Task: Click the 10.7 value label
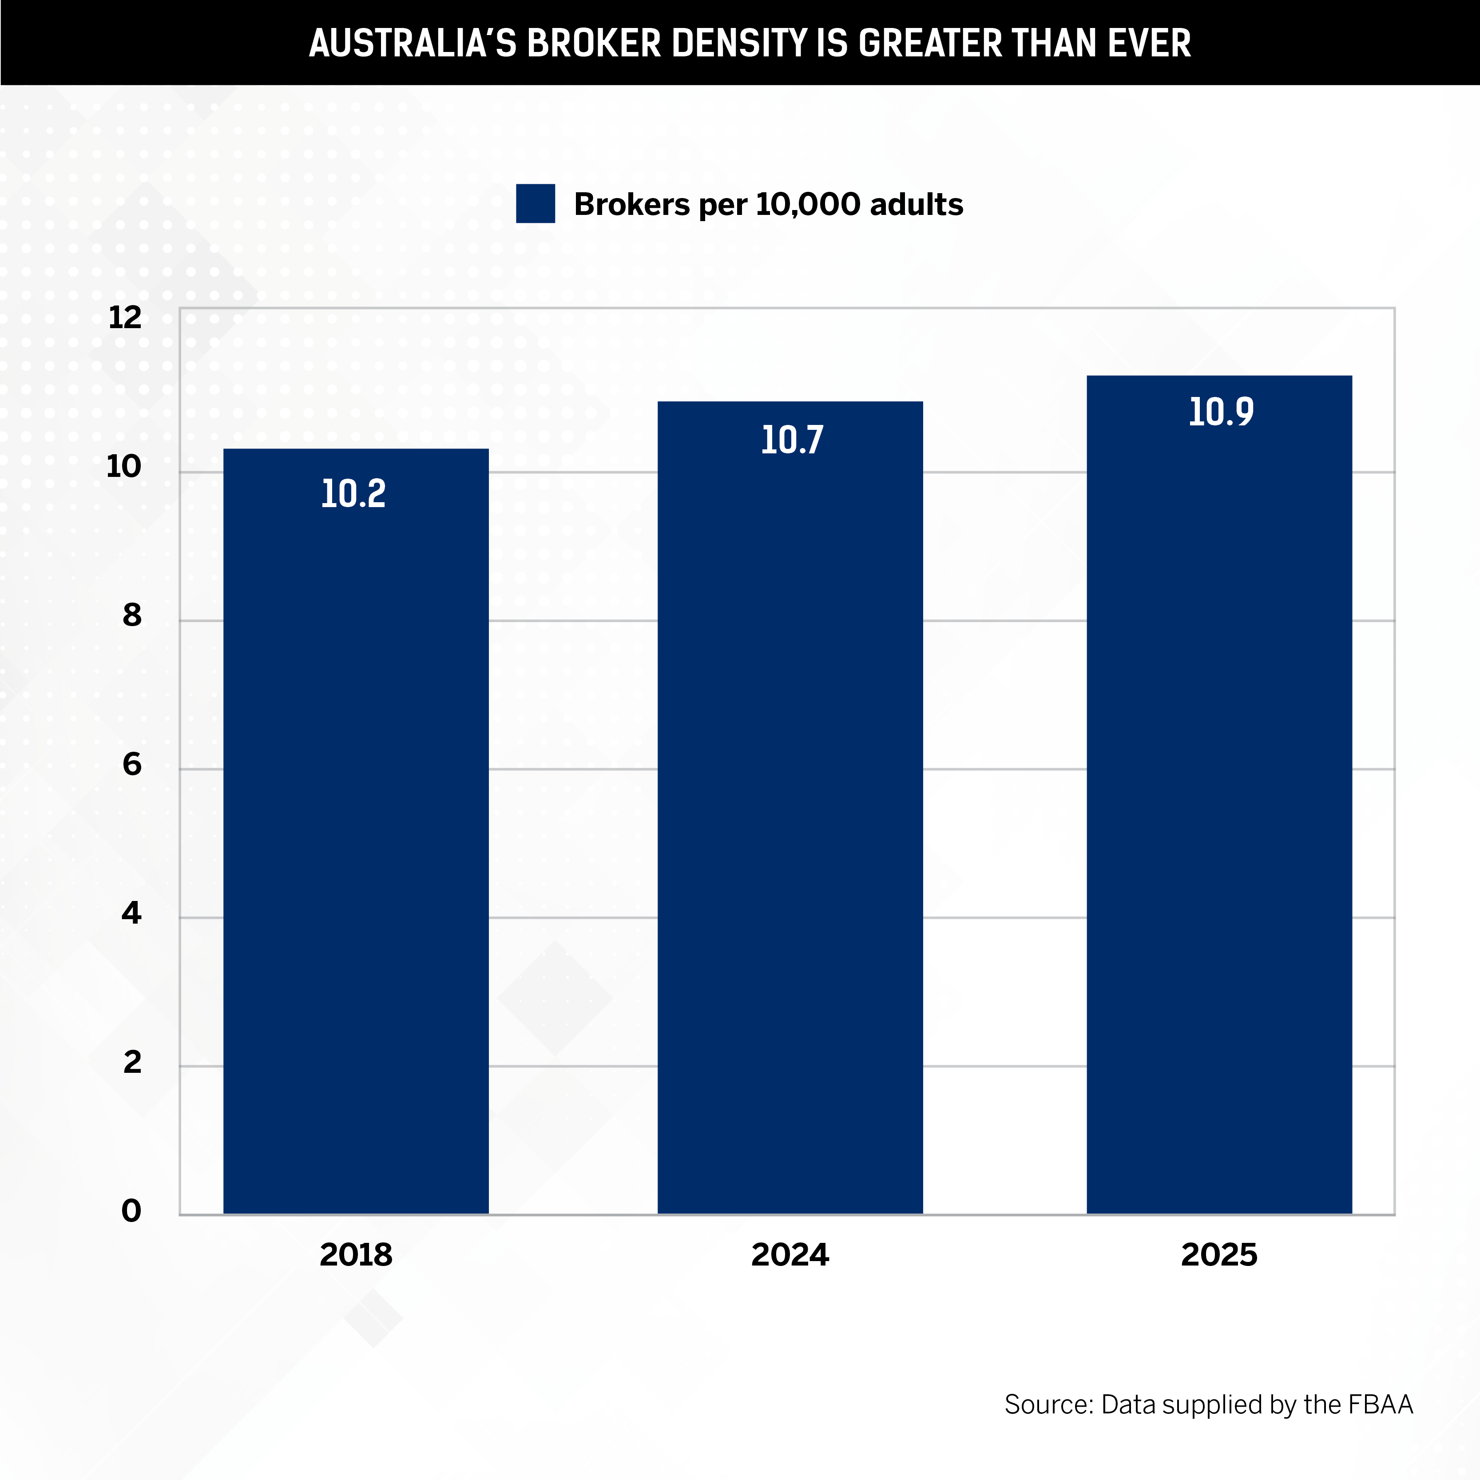(x=791, y=440)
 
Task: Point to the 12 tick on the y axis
(x=125, y=317)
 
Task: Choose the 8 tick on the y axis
(x=132, y=615)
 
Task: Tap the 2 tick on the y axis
(x=132, y=1062)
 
